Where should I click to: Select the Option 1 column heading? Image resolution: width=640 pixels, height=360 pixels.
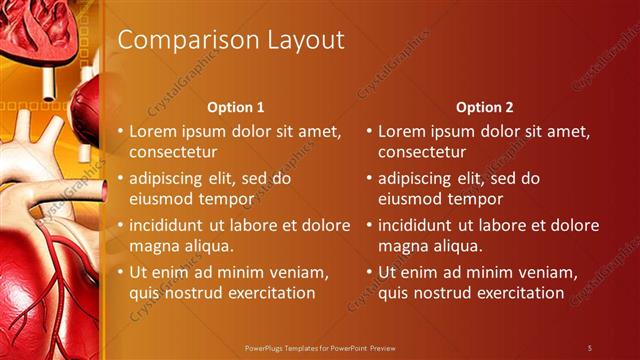coord(236,107)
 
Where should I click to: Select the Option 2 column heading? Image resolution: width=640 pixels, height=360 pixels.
coord(485,107)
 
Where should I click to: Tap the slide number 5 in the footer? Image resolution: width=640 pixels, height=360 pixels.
coord(590,347)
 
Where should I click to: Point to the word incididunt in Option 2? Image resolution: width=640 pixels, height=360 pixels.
coord(424,225)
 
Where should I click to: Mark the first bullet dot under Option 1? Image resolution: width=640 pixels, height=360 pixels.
coord(121,132)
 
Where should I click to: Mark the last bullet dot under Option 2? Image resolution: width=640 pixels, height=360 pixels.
coord(370,273)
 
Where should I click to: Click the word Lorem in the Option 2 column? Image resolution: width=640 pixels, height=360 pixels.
coord(402,131)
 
